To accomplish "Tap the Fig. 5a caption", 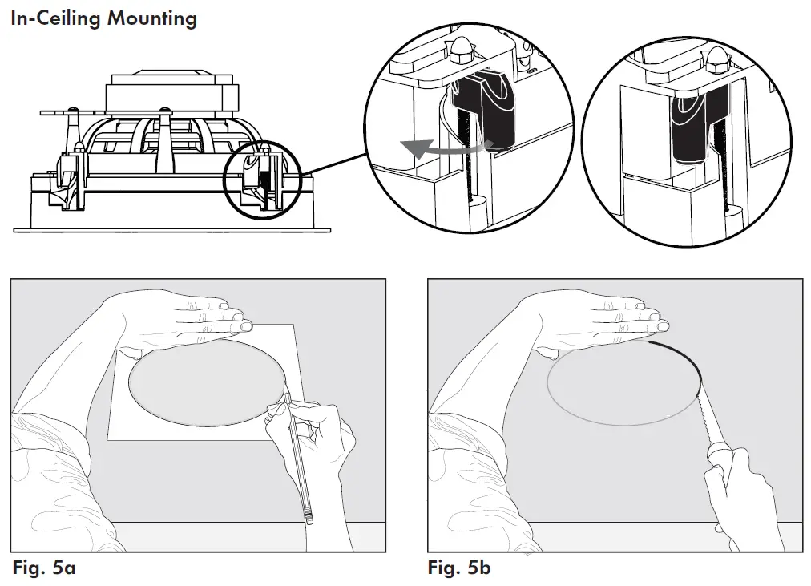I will pos(44,568).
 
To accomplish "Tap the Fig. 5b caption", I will pos(459,568).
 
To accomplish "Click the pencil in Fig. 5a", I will pos(297,457).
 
